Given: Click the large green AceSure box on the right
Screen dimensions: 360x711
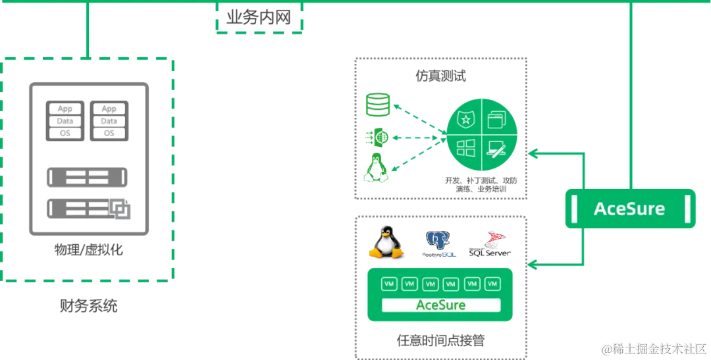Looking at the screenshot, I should point(630,209).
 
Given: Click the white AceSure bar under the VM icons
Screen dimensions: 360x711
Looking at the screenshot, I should point(440,305).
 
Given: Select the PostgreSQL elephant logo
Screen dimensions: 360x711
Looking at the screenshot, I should point(438,242).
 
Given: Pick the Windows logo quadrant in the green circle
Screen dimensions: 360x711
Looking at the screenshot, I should point(466,148).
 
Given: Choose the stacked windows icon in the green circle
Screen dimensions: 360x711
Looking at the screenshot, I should point(495,120).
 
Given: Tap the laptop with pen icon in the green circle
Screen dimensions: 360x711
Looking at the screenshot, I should point(495,149).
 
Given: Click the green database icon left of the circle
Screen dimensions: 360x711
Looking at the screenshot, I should point(378,104).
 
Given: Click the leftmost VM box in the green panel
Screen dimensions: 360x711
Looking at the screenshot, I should point(389,284).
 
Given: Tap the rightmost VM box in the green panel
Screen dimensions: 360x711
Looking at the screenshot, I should point(492,284).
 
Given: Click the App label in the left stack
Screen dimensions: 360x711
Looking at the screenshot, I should point(65,109).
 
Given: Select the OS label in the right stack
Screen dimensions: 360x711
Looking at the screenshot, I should point(109,133).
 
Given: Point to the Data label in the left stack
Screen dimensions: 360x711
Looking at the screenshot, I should point(65,121).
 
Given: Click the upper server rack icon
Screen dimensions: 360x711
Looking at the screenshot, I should point(88,177).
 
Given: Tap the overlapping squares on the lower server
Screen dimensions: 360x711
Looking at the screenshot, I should point(120,210).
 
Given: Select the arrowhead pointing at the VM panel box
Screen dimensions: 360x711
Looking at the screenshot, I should point(534,266).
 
